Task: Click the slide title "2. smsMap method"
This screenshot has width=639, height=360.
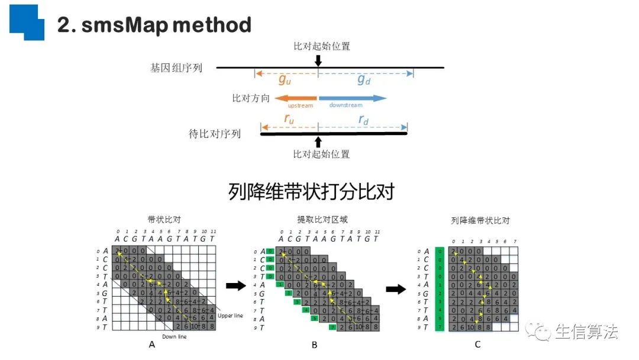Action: [x=154, y=25]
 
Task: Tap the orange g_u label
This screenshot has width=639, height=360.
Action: [x=285, y=79]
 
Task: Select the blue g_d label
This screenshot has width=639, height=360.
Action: [x=364, y=79]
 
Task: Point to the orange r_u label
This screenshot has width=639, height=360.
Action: [x=289, y=120]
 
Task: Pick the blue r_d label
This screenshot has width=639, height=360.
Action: [x=363, y=120]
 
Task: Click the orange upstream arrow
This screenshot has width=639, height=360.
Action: [x=296, y=98]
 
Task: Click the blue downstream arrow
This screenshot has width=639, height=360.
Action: [x=353, y=98]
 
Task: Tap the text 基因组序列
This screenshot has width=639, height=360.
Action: [x=176, y=68]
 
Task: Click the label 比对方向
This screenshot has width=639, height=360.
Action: [x=251, y=98]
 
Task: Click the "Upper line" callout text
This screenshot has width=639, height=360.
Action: [x=230, y=316]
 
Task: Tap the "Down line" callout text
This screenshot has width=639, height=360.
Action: [x=175, y=336]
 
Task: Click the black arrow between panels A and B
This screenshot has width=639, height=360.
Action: [x=235, y=287]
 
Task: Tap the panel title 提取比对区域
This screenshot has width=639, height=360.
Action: [x=322, y=220]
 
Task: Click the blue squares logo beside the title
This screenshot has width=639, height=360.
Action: [x=27, y=22]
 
